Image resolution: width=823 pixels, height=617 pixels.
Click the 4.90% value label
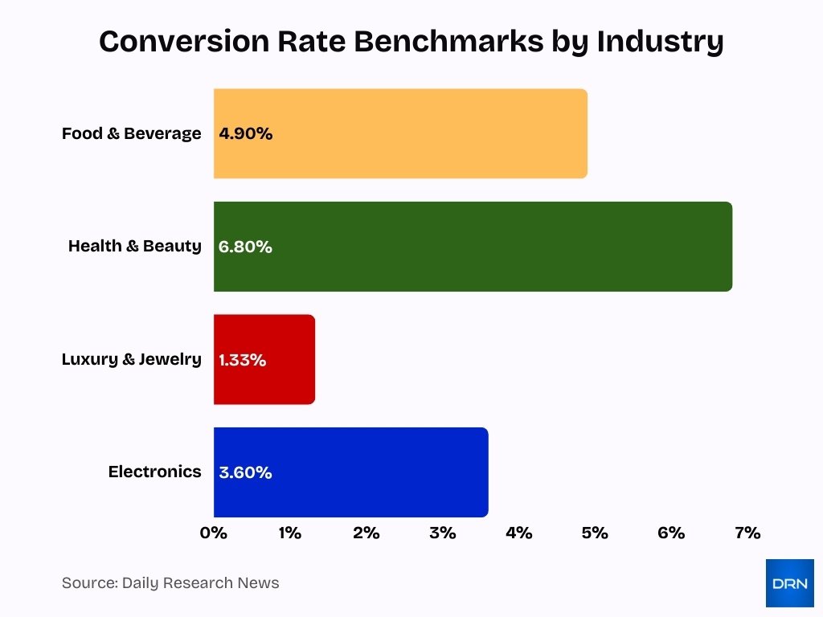[x=246, y=134]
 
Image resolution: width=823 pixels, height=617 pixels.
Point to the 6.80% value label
[x=245, y=247]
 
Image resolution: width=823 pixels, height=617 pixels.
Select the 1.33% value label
[x=243, y=360]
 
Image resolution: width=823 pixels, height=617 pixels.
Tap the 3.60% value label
[x=245, y=472]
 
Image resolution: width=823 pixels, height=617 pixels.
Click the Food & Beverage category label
[x=131, y=133]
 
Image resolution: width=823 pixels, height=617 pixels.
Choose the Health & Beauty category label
[x=134, y=246]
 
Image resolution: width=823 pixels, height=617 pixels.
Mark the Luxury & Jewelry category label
[x=131, y=359]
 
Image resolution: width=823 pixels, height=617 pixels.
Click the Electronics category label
[x=154, y=472]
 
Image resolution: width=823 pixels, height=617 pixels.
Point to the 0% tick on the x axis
[x=214, y=533]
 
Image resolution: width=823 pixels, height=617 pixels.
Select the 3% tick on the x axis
[x=443, y=533]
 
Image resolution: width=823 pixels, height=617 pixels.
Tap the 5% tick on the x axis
[x=595, y=533]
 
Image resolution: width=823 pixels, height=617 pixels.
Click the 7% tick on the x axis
[x=747, y=533]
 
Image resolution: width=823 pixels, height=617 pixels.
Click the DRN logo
[x=789, y=583]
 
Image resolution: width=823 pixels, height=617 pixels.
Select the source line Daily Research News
[x=170, y=583]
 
